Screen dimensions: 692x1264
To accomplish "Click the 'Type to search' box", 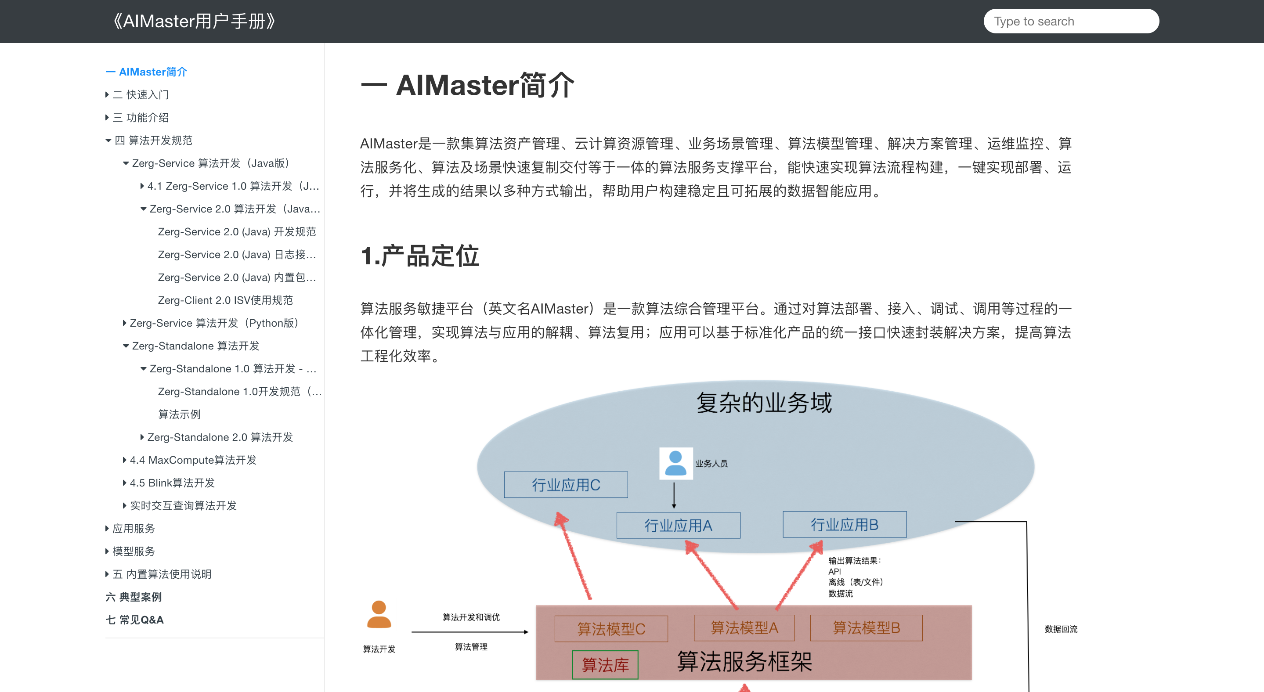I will [1071, 21].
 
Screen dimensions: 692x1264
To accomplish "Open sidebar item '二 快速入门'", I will [141, 95].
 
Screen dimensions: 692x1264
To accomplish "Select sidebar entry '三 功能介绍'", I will [141, 117].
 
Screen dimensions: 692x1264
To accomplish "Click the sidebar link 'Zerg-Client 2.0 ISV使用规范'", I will [225, 300].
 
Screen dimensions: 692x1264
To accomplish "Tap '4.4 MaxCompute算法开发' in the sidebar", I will [193, 460].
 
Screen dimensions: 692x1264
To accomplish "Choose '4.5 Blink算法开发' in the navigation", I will [172, 483].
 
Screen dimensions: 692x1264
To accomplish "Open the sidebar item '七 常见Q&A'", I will [134, 620].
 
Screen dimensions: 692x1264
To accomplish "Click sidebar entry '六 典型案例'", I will [134, 597].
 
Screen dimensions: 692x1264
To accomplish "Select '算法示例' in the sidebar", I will [179, 414].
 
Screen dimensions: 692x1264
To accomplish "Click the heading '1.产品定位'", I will [420, 256].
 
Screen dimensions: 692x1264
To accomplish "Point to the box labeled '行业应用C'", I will [566, 485].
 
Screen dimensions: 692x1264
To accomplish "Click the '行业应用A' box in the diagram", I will [678, 525].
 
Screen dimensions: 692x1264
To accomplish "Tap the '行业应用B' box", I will [845, 525].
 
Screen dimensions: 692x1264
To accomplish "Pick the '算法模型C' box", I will [611, 629].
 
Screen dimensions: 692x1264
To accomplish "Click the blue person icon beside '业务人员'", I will [675, 464].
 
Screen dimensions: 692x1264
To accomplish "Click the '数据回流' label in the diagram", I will [1061, 629].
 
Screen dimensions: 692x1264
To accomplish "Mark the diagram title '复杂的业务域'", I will [764, 403].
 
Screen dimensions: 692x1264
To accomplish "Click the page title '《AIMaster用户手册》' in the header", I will [194, 21].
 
